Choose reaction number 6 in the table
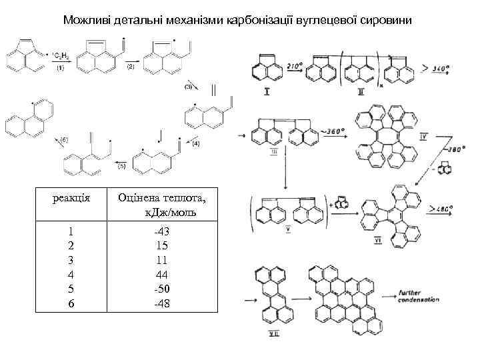70,304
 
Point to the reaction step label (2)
130,67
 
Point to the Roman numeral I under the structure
267,91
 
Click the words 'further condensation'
419,297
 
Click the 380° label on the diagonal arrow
438,150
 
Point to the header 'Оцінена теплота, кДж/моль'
162,205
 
